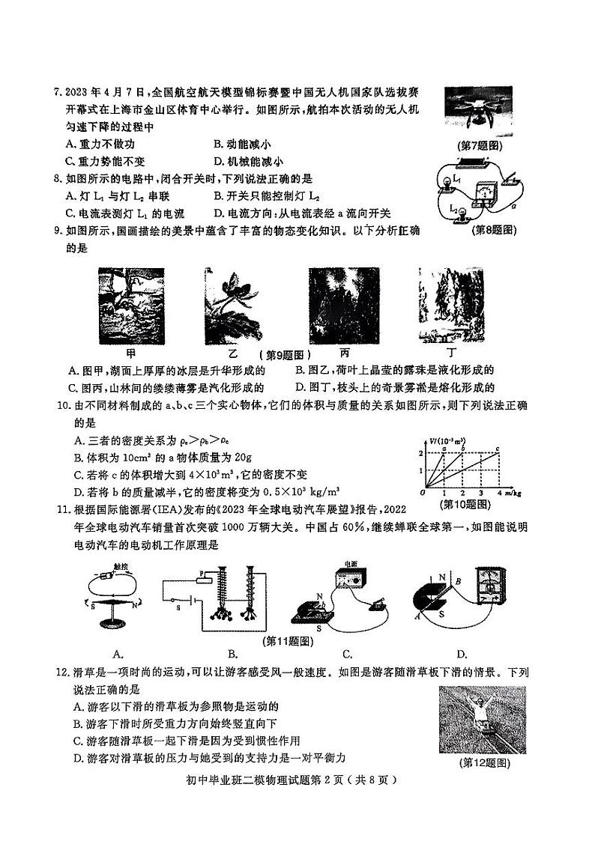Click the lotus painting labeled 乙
coord(231,303)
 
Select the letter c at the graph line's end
coord(498,448)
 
